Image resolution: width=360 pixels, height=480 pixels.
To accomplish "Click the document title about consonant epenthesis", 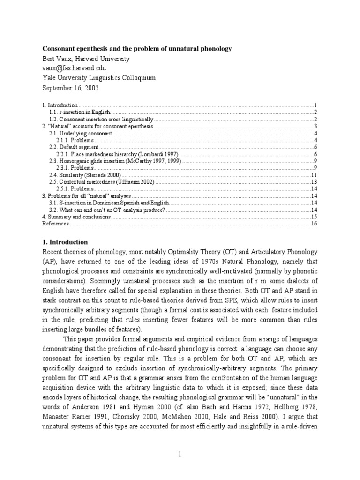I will click(x=137, y=49).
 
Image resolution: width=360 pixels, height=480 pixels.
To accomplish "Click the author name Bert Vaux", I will click(x=86, y=59).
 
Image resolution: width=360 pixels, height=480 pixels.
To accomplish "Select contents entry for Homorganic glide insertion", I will click(x=115, y=161).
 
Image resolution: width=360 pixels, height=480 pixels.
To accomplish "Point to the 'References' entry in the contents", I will click(x=55, y=224).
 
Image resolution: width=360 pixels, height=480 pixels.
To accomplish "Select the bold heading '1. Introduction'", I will click(x=65, y=242).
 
